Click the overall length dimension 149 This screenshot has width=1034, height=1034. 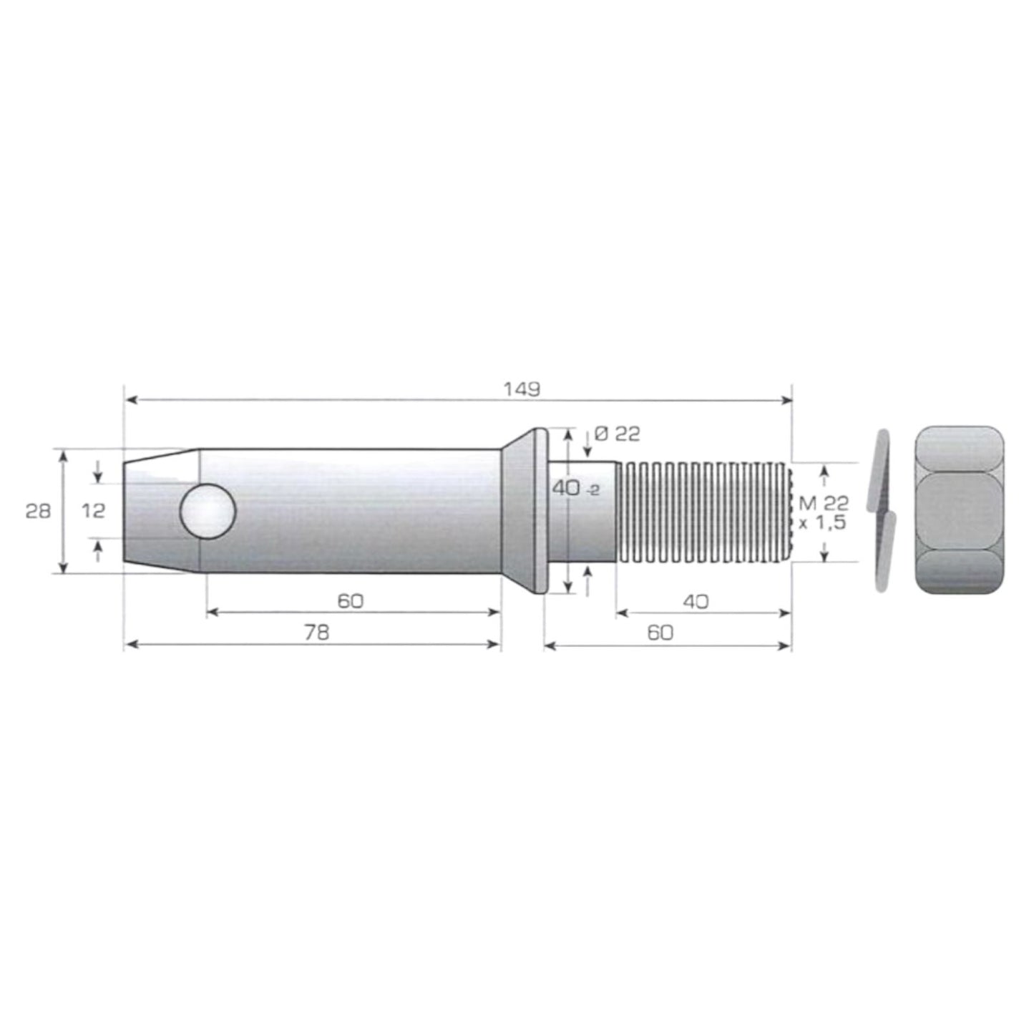pos(521,389)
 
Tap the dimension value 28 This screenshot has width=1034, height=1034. pos(38,512)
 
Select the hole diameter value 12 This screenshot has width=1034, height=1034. pos(93,511)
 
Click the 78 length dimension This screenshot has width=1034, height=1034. pos(316,633)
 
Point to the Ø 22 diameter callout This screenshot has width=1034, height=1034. pos(617,434)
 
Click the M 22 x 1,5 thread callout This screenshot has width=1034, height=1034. pos(824,512)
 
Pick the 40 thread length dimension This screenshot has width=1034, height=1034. pos(696,602)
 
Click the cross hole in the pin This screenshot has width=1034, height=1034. pos(208,511)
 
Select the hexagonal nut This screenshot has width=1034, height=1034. pos(959,510)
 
